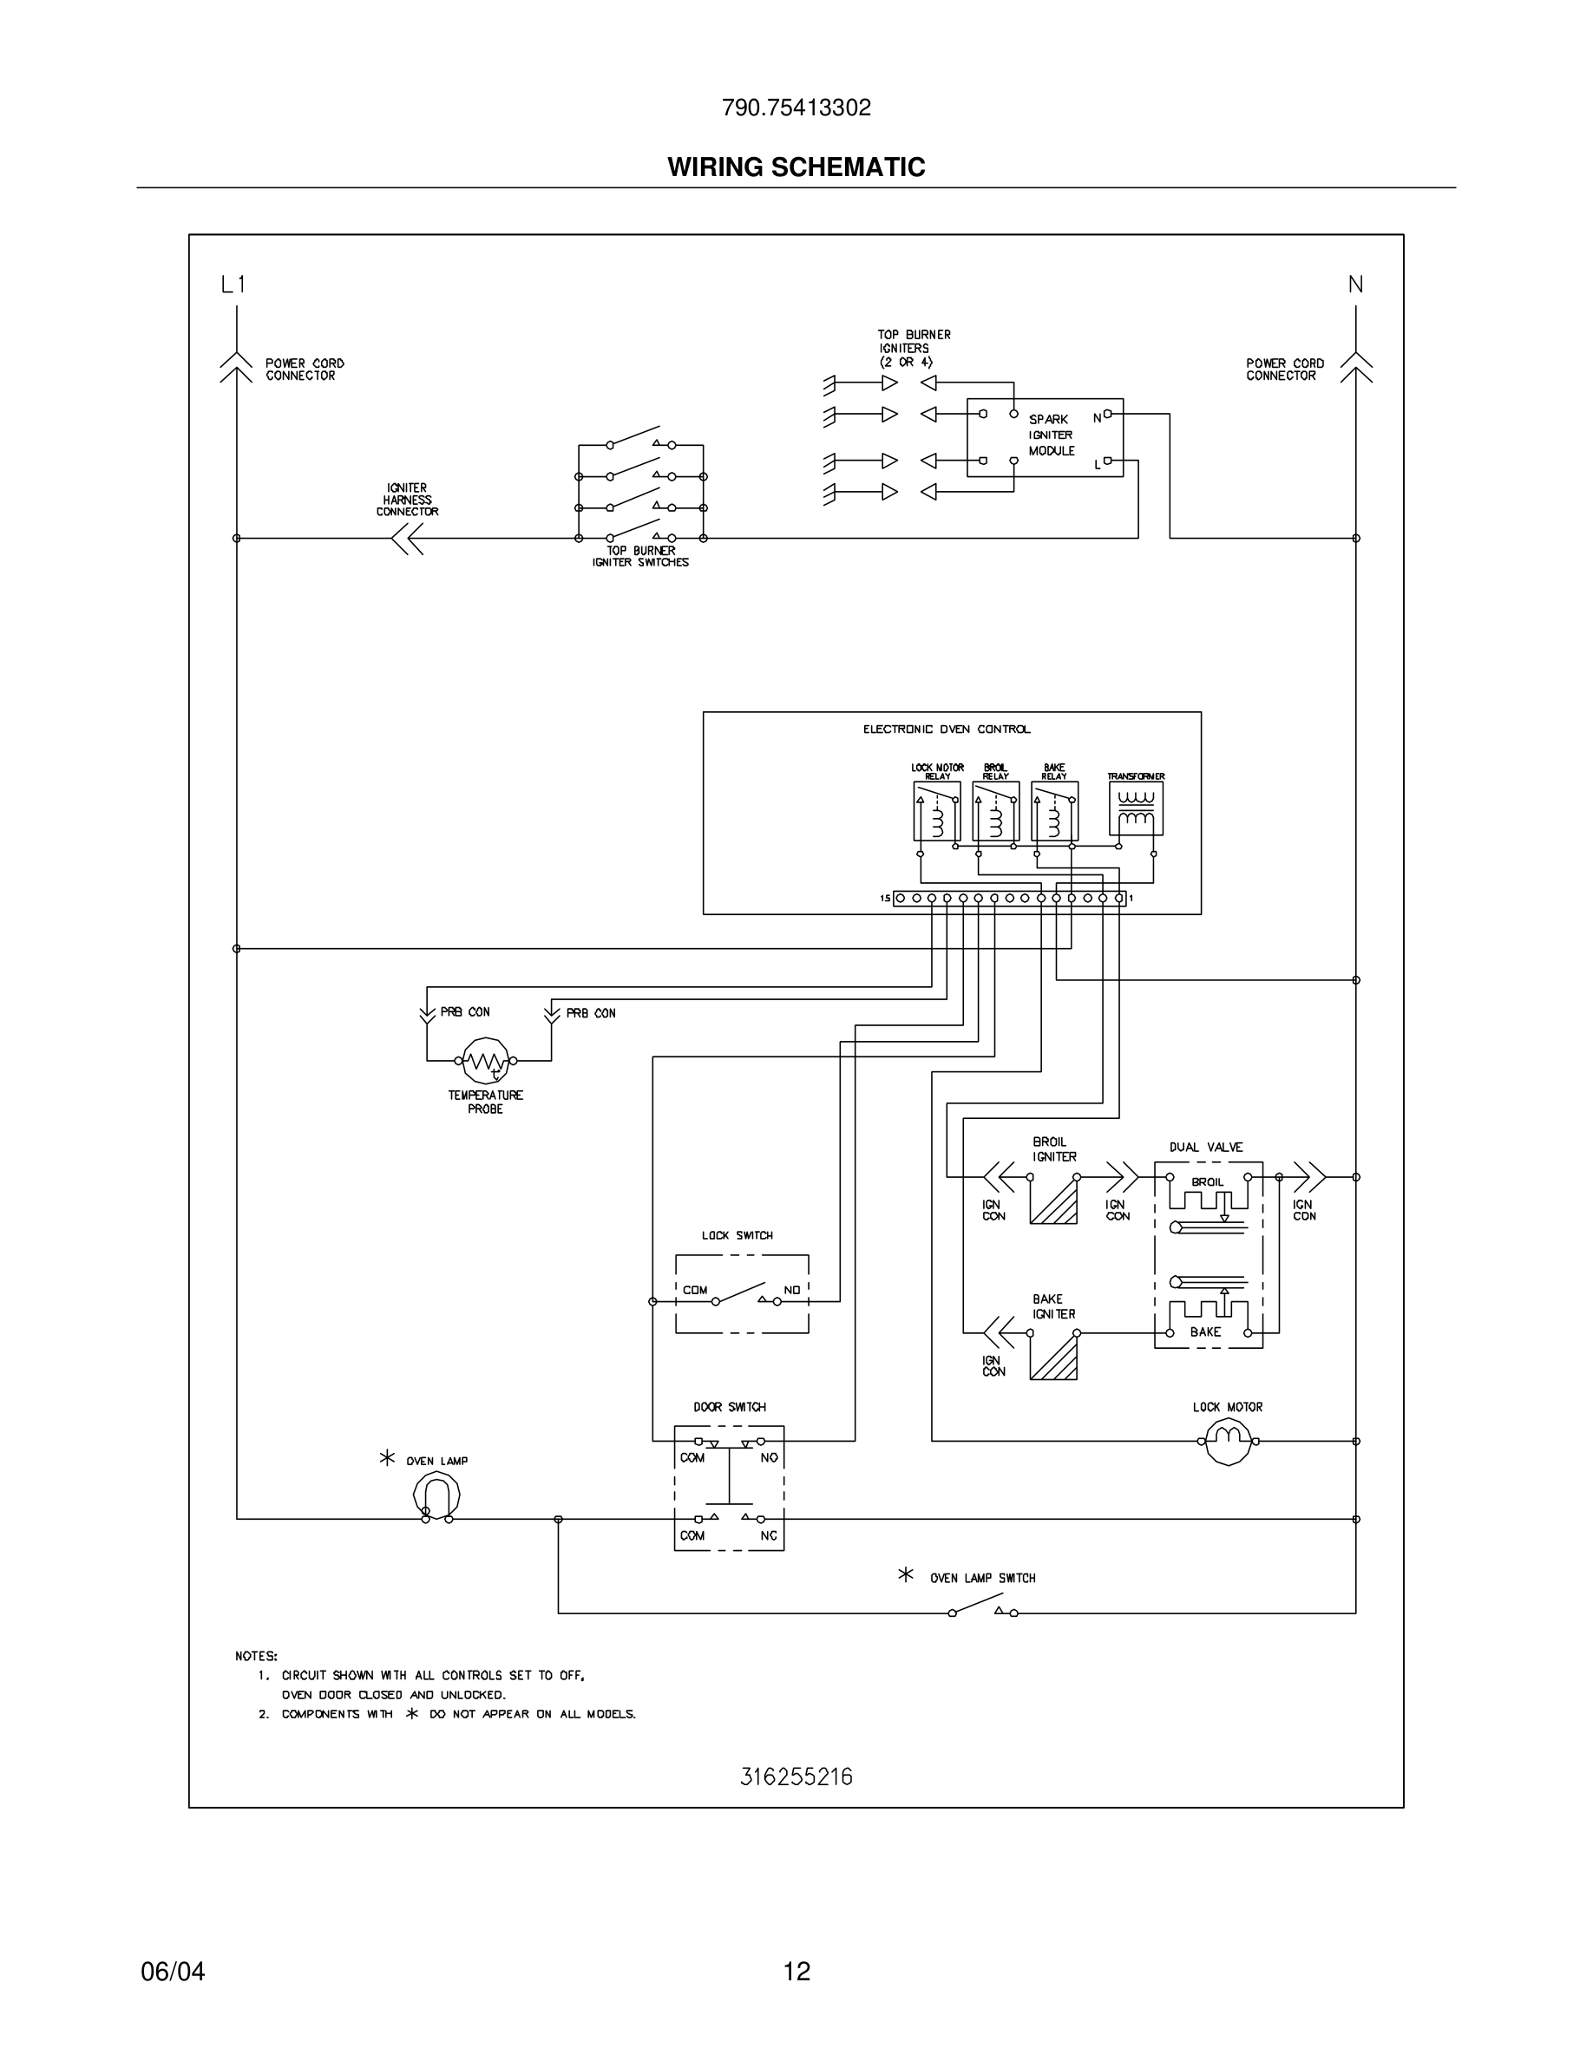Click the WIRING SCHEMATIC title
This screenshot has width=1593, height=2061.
pyautogui.click(x=796, y=167)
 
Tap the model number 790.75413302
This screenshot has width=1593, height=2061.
pyautogui.click(x=796, y=108)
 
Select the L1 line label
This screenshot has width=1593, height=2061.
pyautogui.click(x=233, y=284)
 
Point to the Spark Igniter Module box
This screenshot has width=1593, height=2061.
pyautogui.click(x=1045, y=437)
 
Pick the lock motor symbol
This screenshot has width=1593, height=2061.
pyautogui.click(x=1228, y=1441)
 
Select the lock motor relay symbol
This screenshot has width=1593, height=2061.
pyautogui.click(x=936, y=812)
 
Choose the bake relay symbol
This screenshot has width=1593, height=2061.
pyautogui.click(x=1054, y=812)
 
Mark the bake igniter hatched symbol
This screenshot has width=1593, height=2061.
pyautogui.click(x=1053, y=1357)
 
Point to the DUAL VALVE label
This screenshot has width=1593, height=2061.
pyautogui.click(x=1206, y=1148)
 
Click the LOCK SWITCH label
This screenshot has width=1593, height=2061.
pyautogui.click(x=737, y=1235)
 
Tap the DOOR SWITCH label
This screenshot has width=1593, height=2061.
pyautogui.click(x=730, y=1407)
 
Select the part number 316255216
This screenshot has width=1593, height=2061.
pyautogui.click(x=796, y=1777)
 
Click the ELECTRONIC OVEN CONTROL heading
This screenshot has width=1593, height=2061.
pyautogui.click(x=947, y=730)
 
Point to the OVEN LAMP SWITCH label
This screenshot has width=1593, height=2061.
pyautogui.click(x=982, y=1578)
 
